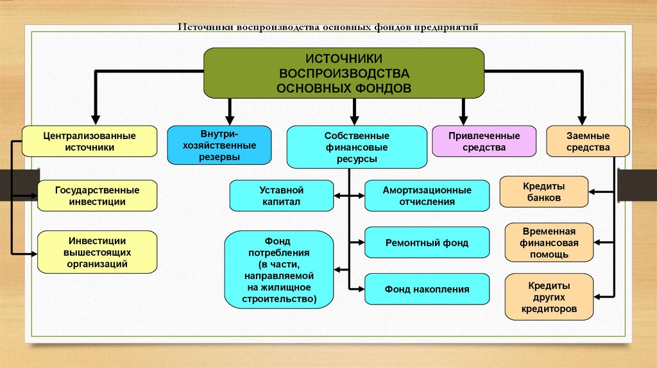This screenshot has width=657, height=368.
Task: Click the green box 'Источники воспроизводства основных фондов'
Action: [344, 73]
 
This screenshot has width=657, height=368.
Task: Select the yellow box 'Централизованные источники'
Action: [89, 141]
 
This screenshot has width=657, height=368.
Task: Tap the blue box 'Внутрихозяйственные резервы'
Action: [210, 146]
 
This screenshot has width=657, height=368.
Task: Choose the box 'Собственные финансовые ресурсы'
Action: [357, 147]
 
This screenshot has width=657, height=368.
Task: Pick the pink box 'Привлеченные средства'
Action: [484, 141]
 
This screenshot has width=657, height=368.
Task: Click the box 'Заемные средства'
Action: [588, 141]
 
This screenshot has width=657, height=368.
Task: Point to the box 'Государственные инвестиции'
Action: [98, 196]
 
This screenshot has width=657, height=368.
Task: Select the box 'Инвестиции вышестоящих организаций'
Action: [98, 252]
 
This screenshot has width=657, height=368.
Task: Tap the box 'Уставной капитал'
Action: [281, 196]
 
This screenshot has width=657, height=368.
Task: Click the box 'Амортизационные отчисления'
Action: [427, 196]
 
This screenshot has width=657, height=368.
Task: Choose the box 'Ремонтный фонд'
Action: [427, 243]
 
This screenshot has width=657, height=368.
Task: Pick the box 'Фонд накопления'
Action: [427, 289]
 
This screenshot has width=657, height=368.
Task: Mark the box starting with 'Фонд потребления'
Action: [279, 269]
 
